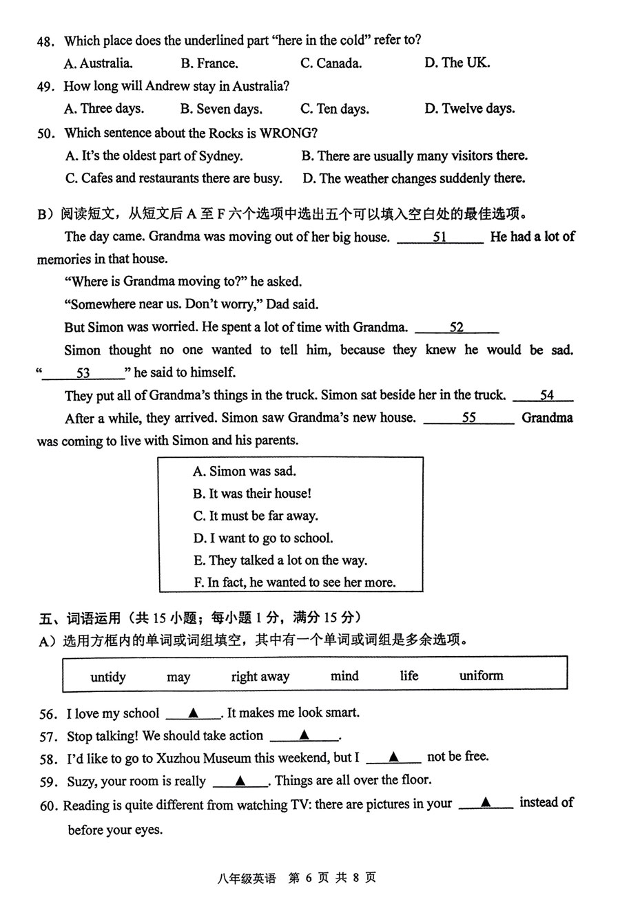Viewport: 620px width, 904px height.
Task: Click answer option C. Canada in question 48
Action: [x=331, y=63]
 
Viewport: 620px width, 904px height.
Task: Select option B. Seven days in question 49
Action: [x=221, y=109]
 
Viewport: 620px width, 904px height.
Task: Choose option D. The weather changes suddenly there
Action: [x=413, y=178]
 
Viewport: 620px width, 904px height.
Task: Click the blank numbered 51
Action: [x=440, y=237]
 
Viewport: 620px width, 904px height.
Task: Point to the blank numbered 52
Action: [x=457, y=328]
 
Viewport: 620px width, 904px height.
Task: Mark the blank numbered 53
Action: [x=83, y=373]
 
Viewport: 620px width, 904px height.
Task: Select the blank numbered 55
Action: [x=468, y=418]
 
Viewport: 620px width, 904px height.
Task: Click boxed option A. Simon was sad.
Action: [x=245, y=472]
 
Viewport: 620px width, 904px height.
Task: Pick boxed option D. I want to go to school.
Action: [x=263, y=538]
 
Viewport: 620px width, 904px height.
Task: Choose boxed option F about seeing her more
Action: [x=295, y=582]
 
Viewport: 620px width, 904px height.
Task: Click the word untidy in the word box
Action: [x=108, y=677]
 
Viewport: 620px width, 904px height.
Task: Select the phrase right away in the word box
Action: [x=260, y=677]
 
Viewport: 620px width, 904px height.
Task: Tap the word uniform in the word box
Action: [x=481, y=675]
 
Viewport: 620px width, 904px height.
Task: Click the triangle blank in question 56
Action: [x=194, y=713]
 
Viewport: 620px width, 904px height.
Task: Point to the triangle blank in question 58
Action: [x=393, y=757]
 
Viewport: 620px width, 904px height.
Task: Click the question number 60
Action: [x=48, y=803]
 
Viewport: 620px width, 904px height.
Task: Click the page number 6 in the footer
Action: [x=309, y=878]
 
